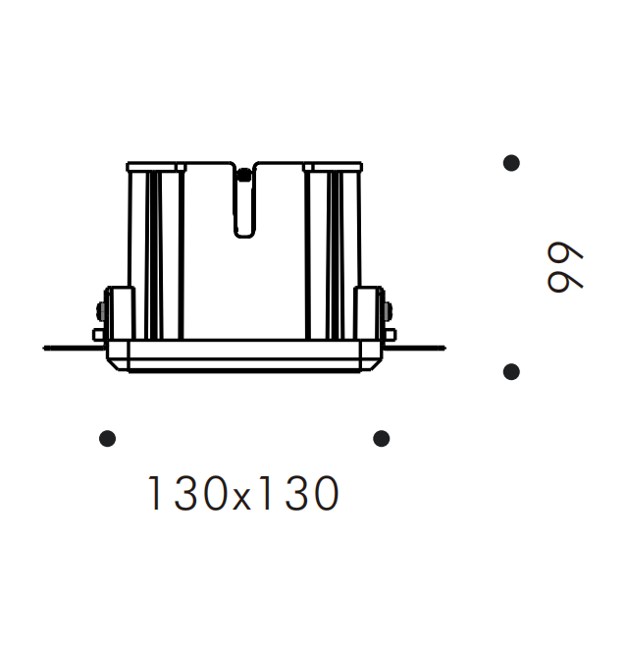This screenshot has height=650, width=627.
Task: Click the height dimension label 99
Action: (565, 267)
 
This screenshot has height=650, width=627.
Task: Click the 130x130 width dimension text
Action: (243, 493)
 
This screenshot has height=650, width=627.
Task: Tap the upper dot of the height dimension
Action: (511, 163)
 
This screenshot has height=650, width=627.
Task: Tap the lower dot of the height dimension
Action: (511, 372)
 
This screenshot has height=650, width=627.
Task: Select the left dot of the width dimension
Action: (107, 438)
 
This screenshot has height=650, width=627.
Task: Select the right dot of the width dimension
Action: (381, 438)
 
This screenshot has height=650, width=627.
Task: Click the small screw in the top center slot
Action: (244, 175)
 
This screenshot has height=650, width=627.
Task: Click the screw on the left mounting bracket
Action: (100, 310)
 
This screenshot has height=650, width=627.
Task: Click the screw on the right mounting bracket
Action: (388, 311)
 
